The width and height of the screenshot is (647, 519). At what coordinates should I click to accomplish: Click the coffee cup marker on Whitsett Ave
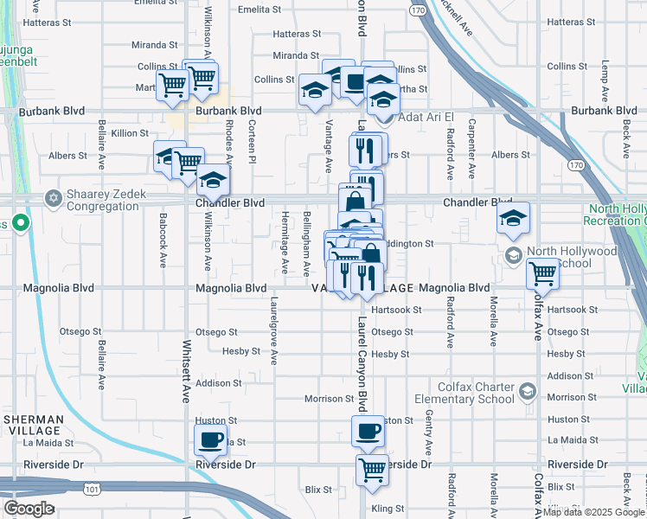pyautogui.click(x=210, y=441)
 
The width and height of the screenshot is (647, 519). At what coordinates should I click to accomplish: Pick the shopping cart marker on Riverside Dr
pyautogui.click(x=372, y=471)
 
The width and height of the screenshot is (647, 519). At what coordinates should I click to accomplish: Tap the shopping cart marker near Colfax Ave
pyautogui.click(x=543, y=273)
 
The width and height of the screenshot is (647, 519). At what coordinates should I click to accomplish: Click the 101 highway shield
pyautogui.click(x=92, y=490)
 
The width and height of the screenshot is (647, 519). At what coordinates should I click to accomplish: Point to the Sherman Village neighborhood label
pyautogui.click(x=33, y=424)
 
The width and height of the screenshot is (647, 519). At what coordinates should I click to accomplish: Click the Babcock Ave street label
pyautogui.click(x=163, y=241)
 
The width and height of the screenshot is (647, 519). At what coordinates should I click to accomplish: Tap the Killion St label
pyautogui.click(x=130, y=133)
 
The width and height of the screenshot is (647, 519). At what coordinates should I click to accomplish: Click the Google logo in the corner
pyautogui.click(x=29, y=509)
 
